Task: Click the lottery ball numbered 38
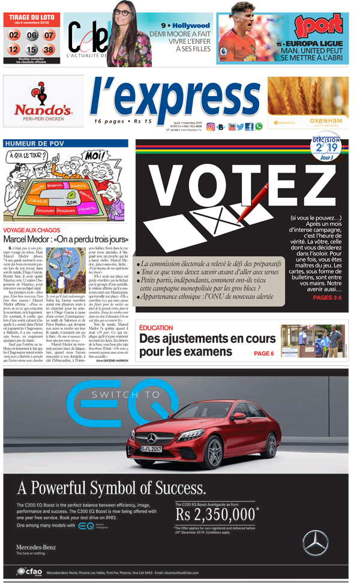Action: [x=49, y=49]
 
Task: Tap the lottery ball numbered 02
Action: [x=14, y=35]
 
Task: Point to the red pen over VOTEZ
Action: [x=247, y=204]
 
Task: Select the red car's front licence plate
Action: [x=152, y=448]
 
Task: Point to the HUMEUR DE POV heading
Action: [x=34, y=143]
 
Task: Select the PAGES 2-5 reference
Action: [x=327, y=297]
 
